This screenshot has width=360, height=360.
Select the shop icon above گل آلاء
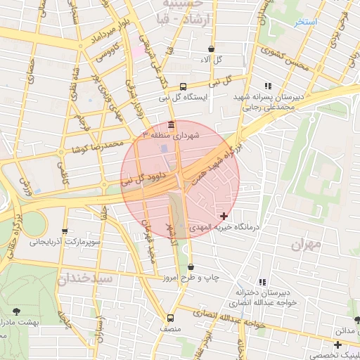(x=212, y=49)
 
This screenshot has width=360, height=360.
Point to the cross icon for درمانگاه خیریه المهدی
(x=224, y=215)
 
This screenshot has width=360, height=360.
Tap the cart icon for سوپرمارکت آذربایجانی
(x=65, y=231)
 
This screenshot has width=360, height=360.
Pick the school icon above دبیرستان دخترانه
(x=263, y=281)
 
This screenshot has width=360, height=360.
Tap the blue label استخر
(x=306, y=22)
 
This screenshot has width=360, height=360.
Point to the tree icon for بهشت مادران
(x=15, y=310)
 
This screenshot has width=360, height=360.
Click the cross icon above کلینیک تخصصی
(x=338, y=345)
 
